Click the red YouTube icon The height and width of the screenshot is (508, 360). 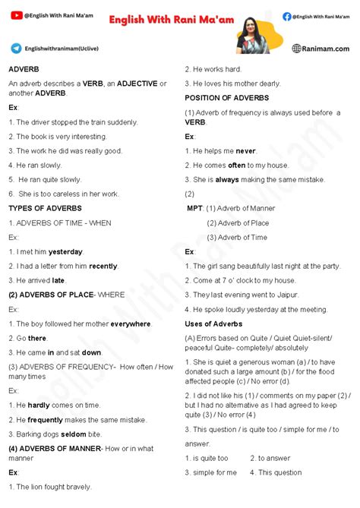[x=17, y=15]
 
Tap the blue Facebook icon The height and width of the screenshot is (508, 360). [x=286, y=16]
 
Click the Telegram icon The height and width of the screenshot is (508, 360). [x=16, y=48]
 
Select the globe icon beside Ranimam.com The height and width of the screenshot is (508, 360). [x=297, y=49]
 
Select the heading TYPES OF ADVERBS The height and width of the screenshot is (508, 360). [x=45, y=208]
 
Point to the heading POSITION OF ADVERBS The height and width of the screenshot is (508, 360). [x=233, y=97]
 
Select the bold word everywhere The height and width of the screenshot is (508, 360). [x=131, y=324]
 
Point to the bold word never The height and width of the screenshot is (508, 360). [x=246, y=150]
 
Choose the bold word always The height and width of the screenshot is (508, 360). [x=227, y=179]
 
